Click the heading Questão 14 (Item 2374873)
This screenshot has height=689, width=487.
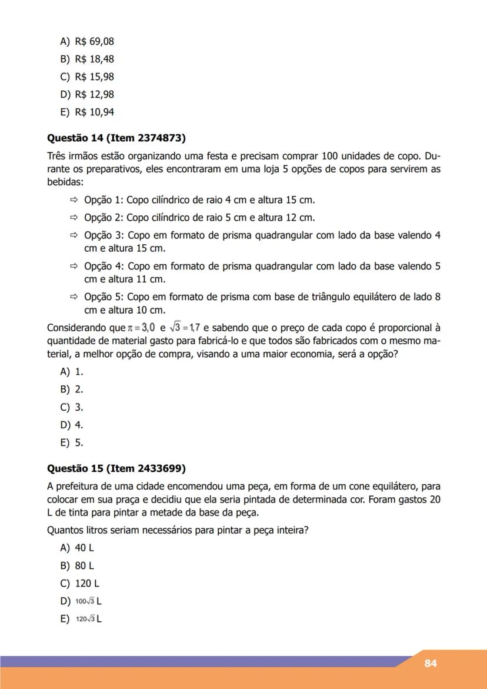116,139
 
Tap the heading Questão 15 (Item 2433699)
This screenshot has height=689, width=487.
116,468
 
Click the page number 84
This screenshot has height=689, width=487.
431,663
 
